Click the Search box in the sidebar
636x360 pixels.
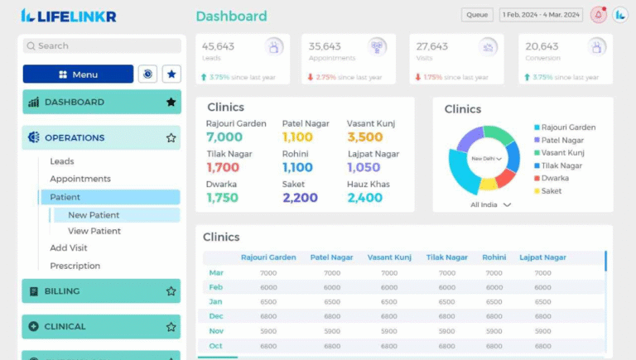click(x=102, y=46)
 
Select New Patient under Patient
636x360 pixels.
click(x=94, y=215)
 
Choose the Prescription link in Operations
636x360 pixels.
click(x=75, y=266)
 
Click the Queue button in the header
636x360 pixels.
click(x=477, y=15)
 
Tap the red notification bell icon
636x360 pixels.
click(x=598, y=15)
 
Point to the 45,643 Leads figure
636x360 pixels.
click(x=219, y=46)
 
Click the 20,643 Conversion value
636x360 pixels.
click(x=542, y=46)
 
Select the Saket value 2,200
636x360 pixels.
click(x=300, y=198)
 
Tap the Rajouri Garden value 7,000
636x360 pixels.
click(x=224, y=137)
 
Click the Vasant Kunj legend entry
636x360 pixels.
click(x=562, y=153)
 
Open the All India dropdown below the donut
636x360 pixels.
click(x=491, y=204)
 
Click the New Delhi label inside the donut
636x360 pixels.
click(x=485, y=158)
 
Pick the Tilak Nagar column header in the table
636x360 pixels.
click(x=447, y=257)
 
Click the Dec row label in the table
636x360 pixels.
click(x=216, y=316)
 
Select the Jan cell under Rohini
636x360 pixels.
click(x=494, y=302)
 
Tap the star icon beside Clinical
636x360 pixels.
click(x=171, y=327)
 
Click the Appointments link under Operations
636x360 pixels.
click(x=80, y=179)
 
